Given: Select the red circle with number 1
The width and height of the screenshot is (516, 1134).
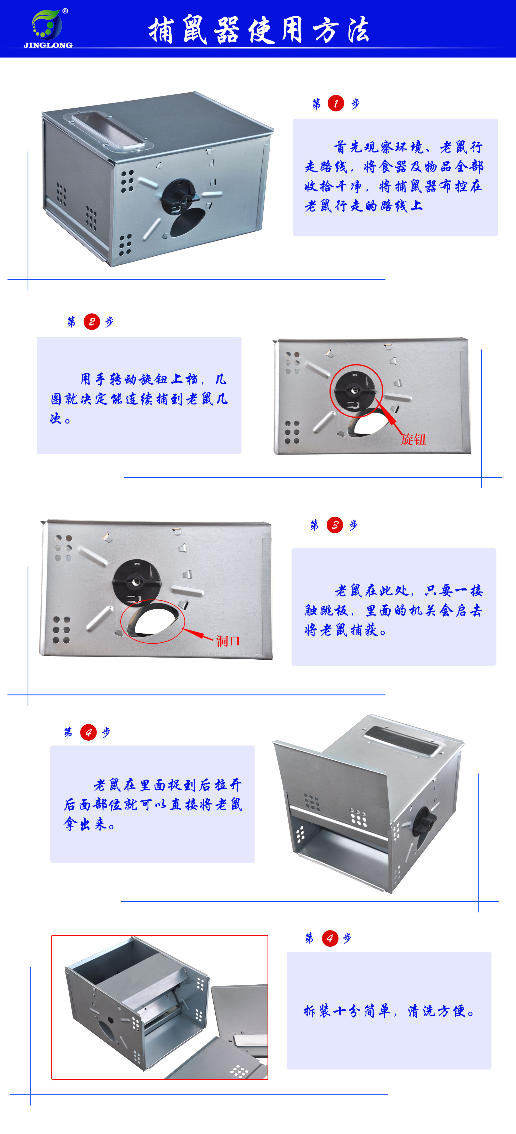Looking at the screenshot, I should pos(335,103).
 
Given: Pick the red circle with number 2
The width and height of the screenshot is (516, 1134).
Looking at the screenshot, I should pos(92,322).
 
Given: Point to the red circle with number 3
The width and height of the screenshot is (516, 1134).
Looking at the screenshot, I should pos(335,525).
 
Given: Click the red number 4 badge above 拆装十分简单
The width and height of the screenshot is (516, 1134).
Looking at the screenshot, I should pos(330,938).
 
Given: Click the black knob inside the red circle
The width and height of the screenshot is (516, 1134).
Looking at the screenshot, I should pos(355,390).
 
